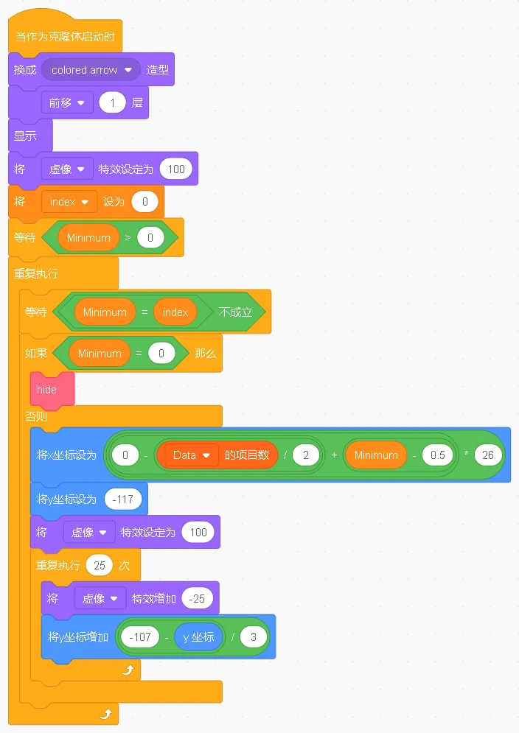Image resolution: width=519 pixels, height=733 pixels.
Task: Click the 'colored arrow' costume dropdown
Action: [x=91, y=70]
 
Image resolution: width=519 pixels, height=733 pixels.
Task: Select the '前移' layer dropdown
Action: [x=67, y=103]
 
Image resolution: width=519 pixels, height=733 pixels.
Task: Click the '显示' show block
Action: [x=25, y=136]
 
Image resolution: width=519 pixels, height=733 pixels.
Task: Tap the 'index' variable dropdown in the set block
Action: [x=69, y=201]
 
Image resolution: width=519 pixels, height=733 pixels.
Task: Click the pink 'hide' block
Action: [x=46, y=389]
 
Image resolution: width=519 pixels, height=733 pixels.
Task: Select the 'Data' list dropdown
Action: [x=191, y=455]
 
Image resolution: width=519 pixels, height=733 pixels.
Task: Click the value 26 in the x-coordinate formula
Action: [x=488, y=455]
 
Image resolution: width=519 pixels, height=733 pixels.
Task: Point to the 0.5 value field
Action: [x=437, y=455]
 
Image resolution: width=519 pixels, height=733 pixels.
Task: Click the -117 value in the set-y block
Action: [x=123, y=499]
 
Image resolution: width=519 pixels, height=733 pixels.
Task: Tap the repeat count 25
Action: [x=100, y=566]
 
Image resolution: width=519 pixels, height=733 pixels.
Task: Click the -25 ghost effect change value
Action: [x=197, y=599]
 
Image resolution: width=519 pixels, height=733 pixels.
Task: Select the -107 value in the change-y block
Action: [x=140, y=636]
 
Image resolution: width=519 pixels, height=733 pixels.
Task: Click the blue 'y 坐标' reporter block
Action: [x=198, y=636]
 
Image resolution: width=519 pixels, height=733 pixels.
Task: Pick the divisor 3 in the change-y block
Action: [x=253, y=636]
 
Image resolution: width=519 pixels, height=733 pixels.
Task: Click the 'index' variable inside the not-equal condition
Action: [x=175, y=312]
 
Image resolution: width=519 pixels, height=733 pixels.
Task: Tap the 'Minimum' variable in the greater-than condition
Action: [x=88, y=238]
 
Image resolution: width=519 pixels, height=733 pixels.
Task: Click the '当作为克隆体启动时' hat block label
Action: [x=65, y=37]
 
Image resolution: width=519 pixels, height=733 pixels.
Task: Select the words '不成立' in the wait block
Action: [x=236, y=312]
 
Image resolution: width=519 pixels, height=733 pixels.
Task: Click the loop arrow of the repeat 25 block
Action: [x=128, y=670]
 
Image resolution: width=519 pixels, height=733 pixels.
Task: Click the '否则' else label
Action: [x=36, y=416]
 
